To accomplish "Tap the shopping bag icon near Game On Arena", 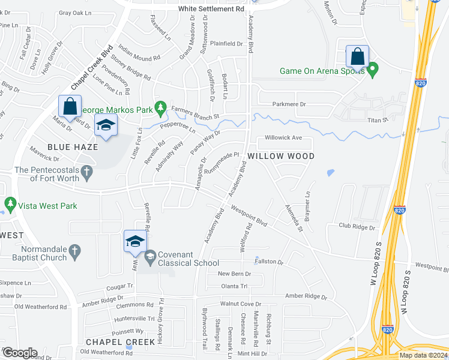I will click(357, 58).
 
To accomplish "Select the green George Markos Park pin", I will click(160, 108).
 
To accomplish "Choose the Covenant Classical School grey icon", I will click(149, 257).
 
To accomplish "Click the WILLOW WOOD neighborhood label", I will click(281, 156).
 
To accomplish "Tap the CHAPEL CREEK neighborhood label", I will click(121, 341).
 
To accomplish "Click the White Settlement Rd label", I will click(211, 9).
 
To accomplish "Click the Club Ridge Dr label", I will click(357, 227).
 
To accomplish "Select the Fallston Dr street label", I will click(268, 262).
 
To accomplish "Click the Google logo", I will click(19, 353).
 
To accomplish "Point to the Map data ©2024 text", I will click(423, 355).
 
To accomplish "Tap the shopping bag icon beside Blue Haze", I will click(70, 107).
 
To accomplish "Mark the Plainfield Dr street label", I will click(226, 44).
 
